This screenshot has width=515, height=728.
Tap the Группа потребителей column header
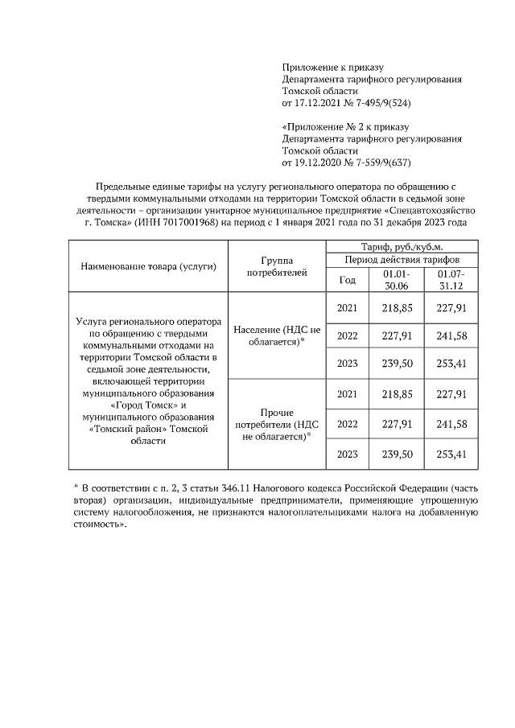click(x=276, y=267)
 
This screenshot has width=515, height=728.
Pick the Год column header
click(x=347, y=280)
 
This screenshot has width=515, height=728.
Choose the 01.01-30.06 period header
click(x=390, y=280)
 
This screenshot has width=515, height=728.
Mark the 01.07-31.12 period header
click(x=451, y=280)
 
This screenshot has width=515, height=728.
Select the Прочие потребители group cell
click(x=276, y=424)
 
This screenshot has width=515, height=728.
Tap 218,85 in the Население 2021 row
click(x=390, y=307)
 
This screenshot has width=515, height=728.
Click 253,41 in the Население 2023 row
click(x=451, y=364)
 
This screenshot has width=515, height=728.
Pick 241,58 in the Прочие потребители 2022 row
click(x=451, y=424)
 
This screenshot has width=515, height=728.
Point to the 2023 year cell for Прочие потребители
click(x=347, y=454)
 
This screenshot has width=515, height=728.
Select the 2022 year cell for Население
click(x=347, y=335)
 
